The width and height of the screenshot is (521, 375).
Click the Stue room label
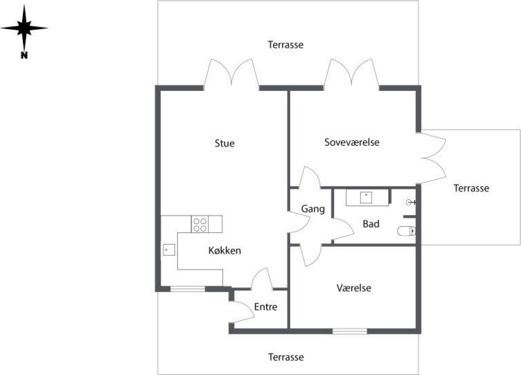225,143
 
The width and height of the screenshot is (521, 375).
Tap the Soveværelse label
352,142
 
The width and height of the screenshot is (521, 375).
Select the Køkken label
225,250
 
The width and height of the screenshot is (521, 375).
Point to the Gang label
312,209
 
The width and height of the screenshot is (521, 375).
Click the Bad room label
371,224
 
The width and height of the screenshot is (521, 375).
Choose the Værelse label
354,288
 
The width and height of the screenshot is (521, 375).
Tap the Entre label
266,306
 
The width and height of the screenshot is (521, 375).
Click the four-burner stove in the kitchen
199,224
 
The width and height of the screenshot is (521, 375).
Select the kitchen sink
169,250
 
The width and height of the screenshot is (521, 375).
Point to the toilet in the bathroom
406,230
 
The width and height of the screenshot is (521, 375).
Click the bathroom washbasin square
366,197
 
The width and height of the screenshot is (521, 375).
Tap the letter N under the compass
24,55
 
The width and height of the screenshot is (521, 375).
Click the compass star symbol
24,28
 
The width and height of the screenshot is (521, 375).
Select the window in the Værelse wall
350,331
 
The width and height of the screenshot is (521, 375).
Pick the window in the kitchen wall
187,289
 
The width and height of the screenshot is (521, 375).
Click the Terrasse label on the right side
471,189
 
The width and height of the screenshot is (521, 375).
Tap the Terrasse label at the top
286,45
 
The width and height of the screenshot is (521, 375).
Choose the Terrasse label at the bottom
286,357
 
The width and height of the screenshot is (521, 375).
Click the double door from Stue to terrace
231,74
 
